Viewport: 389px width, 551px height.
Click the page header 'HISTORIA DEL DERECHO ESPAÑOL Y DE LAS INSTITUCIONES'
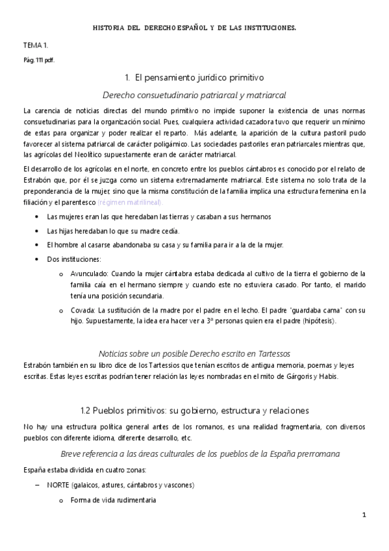pos(195,28)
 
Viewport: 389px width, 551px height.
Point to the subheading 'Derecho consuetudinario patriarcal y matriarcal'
pos(194,94)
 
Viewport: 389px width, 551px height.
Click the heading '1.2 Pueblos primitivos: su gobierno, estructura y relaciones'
pos(194,411)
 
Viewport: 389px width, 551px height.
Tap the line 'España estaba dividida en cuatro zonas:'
pos(80,468)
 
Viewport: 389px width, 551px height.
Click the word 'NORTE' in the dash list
pos(60,485)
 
